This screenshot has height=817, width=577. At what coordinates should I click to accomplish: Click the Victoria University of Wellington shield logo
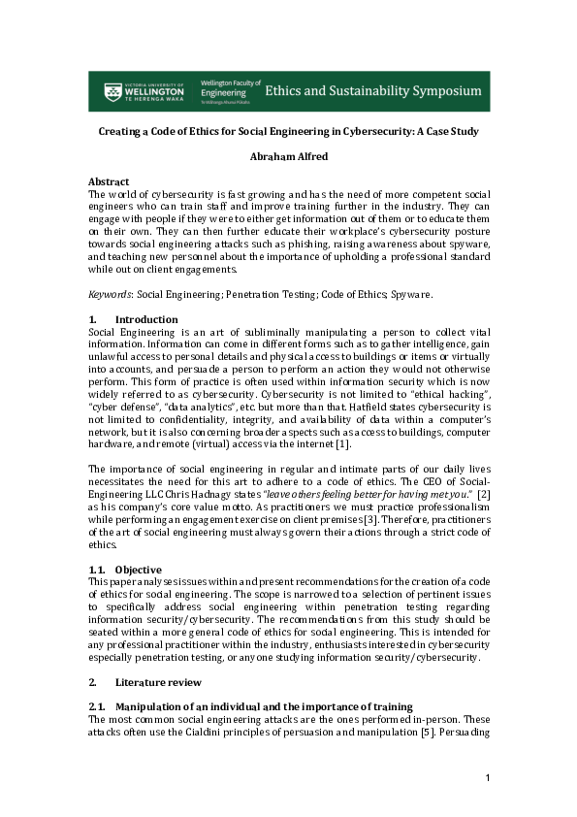pyautogui.click(x=112, y=91)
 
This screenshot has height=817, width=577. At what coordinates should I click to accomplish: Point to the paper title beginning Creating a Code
pyautogui.click(x=288, y=130)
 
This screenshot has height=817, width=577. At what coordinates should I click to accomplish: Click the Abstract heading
pyautogui.click(x=109, y=181)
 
